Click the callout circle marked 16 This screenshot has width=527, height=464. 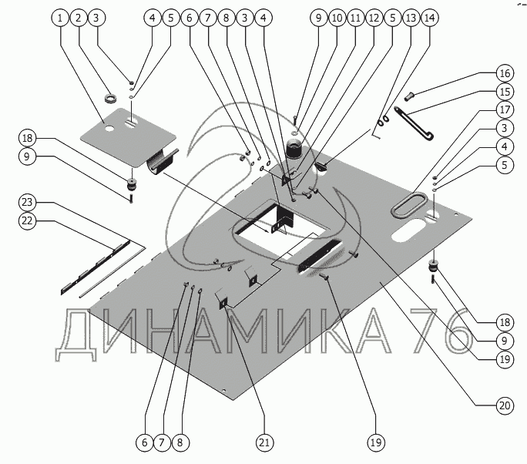pyautogui.click(x=505, y=74)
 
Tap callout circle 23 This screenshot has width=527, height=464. pyautogui.click(x=29, y=202)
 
